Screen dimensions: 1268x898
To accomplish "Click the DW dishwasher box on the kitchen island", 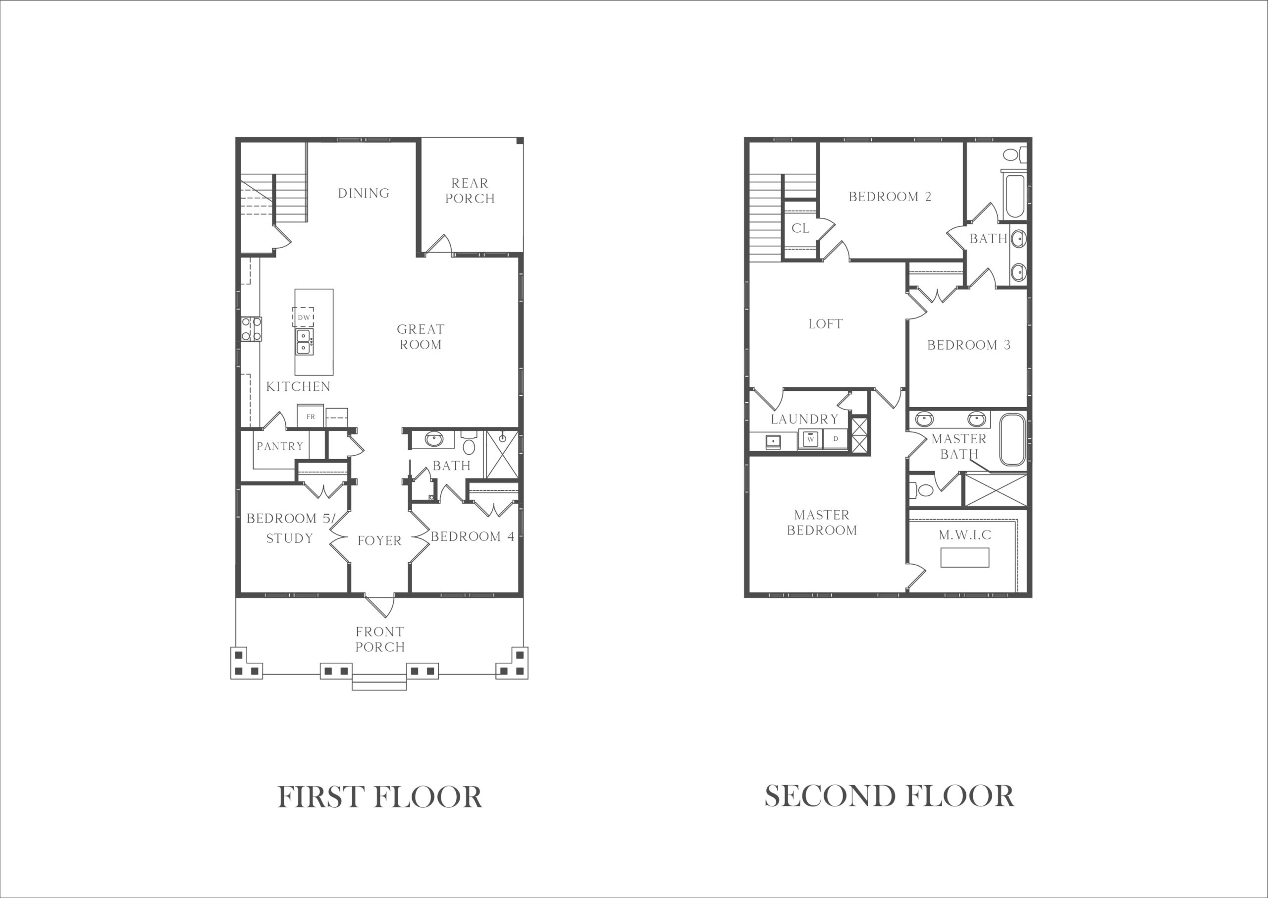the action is pos(303,317).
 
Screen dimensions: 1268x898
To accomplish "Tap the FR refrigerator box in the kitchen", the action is pos(310,417).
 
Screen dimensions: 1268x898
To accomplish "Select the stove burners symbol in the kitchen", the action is pos(251,329).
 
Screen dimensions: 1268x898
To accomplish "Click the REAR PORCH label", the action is pos(470,191).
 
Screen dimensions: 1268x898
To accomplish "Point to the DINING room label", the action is pos(364,193).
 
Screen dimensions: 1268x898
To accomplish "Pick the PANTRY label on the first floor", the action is pos(280,446).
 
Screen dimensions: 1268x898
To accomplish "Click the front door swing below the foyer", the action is pos(380,605).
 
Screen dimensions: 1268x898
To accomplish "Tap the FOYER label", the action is pos(379,541).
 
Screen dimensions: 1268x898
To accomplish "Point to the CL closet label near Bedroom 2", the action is pos(800,228).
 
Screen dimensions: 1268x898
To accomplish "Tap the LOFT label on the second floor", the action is pos(826,324).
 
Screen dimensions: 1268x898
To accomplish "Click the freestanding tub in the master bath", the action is pos(1012,440).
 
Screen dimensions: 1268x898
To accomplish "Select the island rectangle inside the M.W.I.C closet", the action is pos(965,557).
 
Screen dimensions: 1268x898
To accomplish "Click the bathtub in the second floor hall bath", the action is pos(1015,196).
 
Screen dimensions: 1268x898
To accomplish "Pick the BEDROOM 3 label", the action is pos(969,345).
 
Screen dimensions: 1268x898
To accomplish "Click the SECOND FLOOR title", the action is pos(889,796).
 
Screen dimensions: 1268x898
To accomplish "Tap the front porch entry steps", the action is pos(379,683).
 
